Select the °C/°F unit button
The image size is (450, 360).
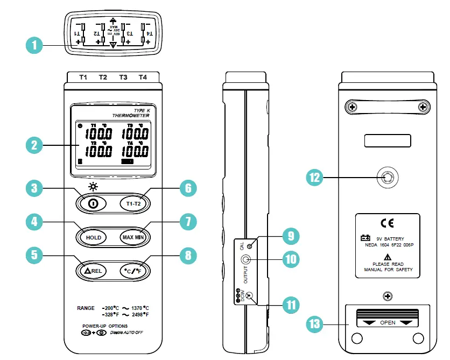(x=134, y=271)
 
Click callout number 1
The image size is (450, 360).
(x=34, y=45)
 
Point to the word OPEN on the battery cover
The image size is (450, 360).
(x=388, y=323)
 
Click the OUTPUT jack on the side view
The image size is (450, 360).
(x=245, y=260)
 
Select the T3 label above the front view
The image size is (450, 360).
(x=123, y=77)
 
